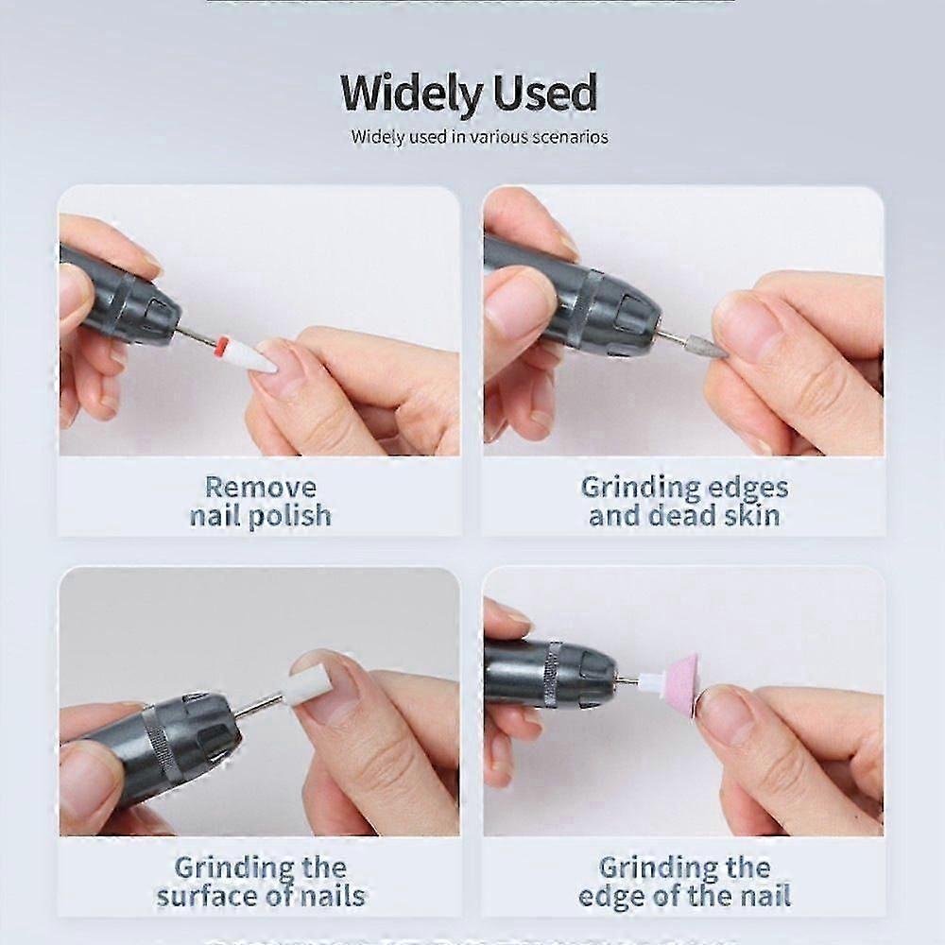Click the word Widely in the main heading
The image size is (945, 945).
(x=409, y=94)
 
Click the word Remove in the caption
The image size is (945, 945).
(x=261, y=488)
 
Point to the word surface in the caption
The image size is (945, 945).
(x=214, y=895)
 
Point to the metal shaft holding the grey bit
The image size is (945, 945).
(x=673, y=336)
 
